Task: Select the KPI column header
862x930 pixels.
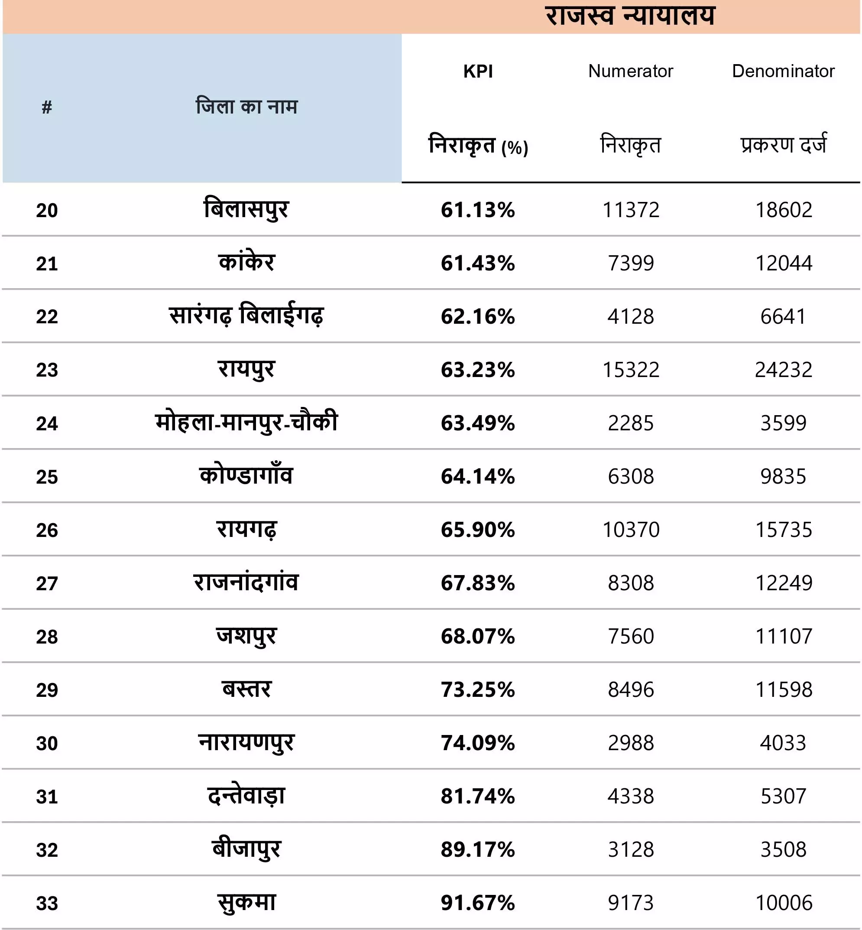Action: click(x=478, y=72)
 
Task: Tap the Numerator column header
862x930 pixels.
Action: click(x=631, y=71)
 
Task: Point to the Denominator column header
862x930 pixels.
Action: click(x=783, y=71)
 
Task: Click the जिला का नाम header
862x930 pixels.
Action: click(x=246, y=107)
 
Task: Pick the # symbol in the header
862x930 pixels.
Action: click(x=47, y=107)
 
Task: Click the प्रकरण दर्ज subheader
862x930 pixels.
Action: click(x=783, y=144)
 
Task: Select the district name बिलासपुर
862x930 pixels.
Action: click(x=246, y=208)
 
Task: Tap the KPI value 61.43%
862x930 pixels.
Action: click(x=478, y=263)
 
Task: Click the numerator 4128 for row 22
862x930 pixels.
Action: click(x=631, y=316)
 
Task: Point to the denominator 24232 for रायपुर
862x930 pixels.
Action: click(x=784, y=370)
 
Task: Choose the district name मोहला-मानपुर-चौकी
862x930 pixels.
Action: click(x=246, y=422)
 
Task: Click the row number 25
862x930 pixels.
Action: click(x=47, y=477)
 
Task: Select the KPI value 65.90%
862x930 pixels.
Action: click(x=478, y=530)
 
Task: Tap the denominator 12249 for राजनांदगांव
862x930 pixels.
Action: click(x=784, y=583)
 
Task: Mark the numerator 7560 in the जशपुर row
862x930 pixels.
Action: click(x=631, y=636)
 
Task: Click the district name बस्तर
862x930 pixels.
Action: click(x=246, y=689)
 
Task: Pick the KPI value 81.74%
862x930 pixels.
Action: click(x=478, y=796)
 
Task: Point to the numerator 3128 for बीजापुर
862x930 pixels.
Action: click(x=631, y=849)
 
